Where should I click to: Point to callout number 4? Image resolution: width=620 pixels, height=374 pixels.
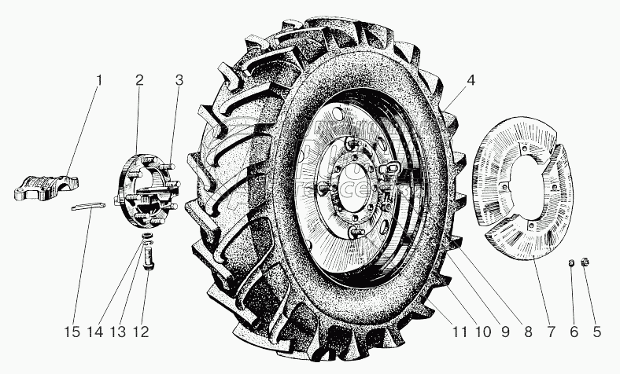471,80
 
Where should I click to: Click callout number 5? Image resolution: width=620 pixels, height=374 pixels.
596,332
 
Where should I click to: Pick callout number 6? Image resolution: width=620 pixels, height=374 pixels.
573,332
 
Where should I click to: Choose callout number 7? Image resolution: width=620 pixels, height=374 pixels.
550,332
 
